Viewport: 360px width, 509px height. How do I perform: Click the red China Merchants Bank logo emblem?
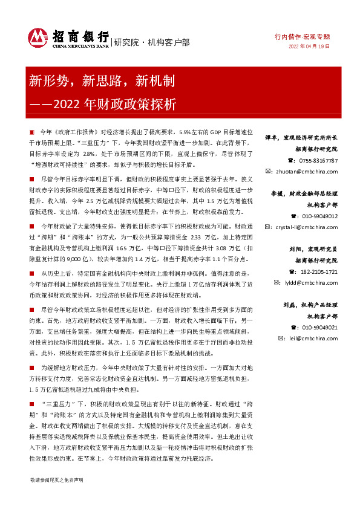point(39,38)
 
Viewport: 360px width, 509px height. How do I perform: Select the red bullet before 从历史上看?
point(31,274)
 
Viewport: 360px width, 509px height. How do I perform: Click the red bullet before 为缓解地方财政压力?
point(31,367)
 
